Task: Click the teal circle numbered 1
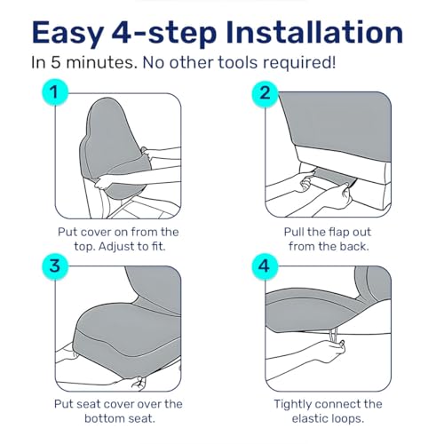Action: (55, 92)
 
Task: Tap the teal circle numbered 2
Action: (265, 92)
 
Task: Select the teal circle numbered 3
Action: (55, 266)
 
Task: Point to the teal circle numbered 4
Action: (265, 266)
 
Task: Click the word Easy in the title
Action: (68, 33)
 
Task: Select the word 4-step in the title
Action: (164, 33)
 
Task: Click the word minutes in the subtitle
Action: (101, 63)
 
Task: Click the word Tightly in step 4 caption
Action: (292, 404)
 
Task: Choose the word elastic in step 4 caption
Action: (307, 418)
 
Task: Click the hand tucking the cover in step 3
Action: (139, 382)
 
